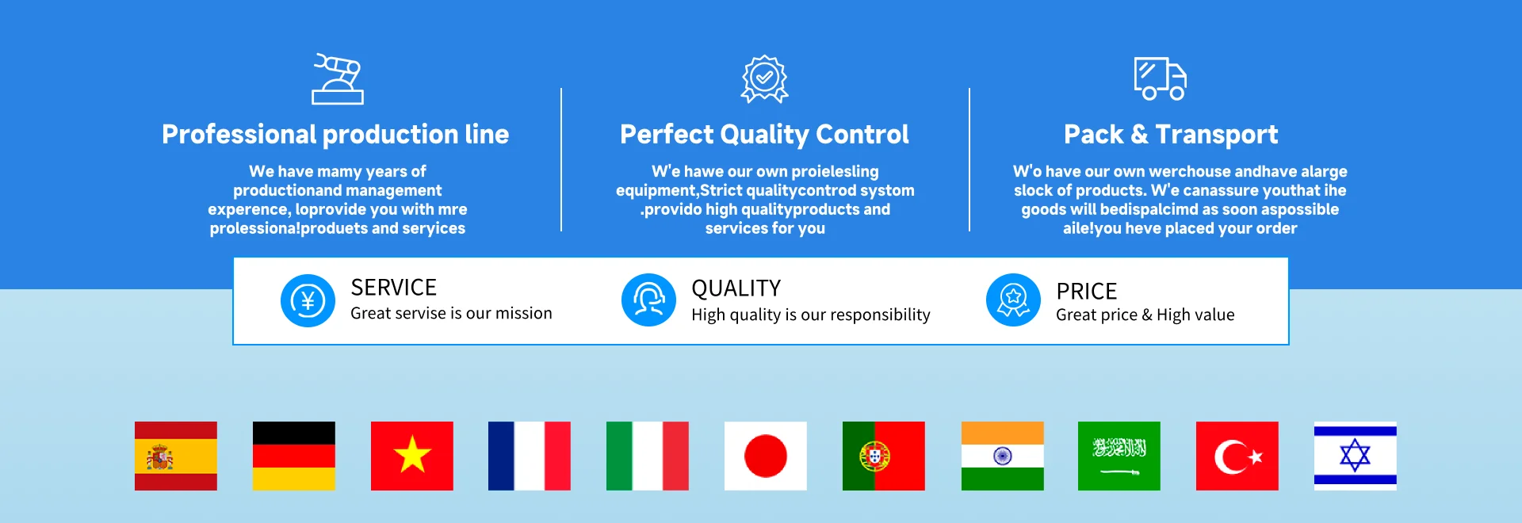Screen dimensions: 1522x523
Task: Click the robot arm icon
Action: pyautogui.click(x=338, y=79)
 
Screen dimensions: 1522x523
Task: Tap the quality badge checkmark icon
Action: pyautogui.click(x=764, y=78)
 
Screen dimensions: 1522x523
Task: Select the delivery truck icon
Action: pyautogui.click(x=1160, y=78)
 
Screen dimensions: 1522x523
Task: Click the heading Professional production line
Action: pyautogui.click(x=335, y=135)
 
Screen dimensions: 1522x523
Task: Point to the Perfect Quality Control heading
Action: pyautogui.click(x=764, y=135)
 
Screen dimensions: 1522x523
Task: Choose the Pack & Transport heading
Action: pyautogui.click(x=1171, y=135)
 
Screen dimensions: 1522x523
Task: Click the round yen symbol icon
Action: pyautogui.click(x=308, y=301)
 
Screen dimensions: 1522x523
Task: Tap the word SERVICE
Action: pyautogui.click(x=394, y=287)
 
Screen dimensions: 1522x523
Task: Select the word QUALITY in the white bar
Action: pyautogui.click(x=736, y=288)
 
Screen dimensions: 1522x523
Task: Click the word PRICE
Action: pyautogui.click(x=1087, y=292)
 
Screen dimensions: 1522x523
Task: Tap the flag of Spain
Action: pyautogui.click(x=176, y=456)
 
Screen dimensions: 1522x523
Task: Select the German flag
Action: pyautogui.click(x=294, y=456)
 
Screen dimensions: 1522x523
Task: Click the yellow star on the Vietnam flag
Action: pyautogui.click(x=412, y=455)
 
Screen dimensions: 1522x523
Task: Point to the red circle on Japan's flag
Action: pyautogui.click(x=766, y=456)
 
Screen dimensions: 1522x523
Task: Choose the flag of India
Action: pyautogui.click(x=1003, y=456)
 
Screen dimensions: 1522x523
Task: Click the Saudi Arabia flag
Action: pyautogui.click(x=1119, y=456)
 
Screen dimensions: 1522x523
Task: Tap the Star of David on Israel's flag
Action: pyautogui.click(x=1356, y=456)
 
